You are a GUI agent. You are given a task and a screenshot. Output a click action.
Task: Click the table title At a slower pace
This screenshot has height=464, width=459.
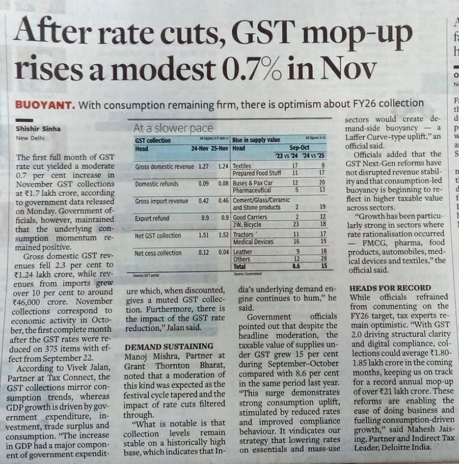[x=166, y=128]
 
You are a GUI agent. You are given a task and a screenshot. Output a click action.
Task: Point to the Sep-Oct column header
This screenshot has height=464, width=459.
[x=299, y=148]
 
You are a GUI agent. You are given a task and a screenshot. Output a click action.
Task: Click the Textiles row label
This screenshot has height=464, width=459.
[x=243, y=165]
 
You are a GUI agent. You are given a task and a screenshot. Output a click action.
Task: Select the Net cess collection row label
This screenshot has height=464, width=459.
[x=159, y=253]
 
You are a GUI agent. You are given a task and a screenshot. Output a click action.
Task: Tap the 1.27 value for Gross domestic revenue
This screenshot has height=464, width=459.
[x=204, y=166]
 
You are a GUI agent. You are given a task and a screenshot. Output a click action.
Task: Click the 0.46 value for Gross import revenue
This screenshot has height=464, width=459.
[x=224, y=201]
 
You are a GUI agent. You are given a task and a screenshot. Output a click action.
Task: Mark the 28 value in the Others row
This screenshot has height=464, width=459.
[x=322, y=259]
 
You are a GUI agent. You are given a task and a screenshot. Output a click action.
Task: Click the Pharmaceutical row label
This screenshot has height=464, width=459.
[x=252, y=190]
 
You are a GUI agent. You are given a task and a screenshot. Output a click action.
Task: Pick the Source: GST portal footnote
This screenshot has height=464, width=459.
[x=143, y=276]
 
